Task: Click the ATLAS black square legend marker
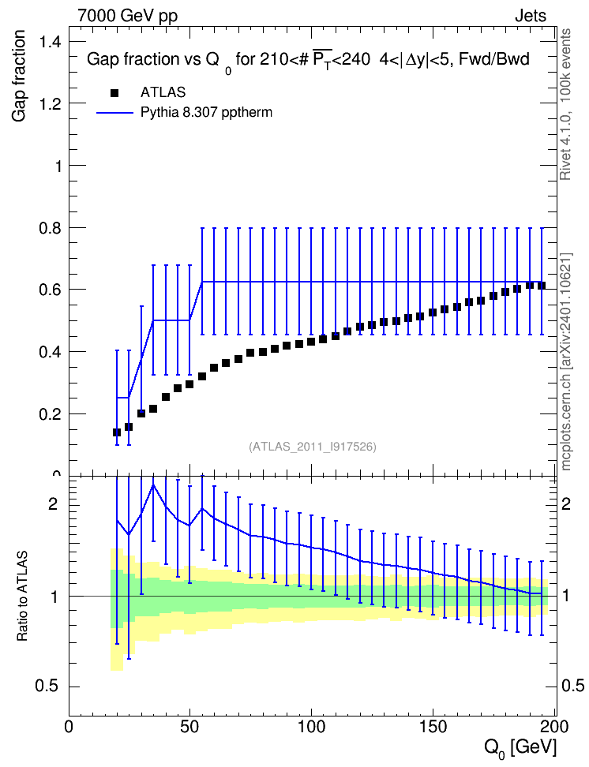[x=114, y=93]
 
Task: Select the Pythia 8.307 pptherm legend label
[x=206, y=113]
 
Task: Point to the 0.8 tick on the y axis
[x=72, y=227]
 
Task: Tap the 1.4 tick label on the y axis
[x=51, y=42]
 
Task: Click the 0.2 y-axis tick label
[x=51, y=413]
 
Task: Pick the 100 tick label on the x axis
[x=311, y=727]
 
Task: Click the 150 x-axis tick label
[x=433, y=727]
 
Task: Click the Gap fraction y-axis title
[x=19, y=76]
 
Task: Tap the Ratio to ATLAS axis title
[x=22, y=596]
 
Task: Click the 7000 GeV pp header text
[x=127, y=16]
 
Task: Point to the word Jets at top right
[x=531, y=16]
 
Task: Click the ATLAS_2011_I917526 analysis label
[x=313, y=447]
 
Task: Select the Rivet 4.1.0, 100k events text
[x=565, y=104]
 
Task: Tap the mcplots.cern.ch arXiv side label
[x=566, y=361]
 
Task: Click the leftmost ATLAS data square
[x=117, y=432]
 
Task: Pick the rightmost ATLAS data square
[x=542, y=286]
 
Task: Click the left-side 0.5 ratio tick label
[x=47, y=687]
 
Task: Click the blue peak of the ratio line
[x=153, y=485]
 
